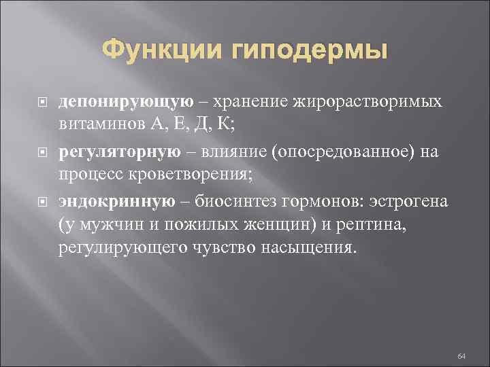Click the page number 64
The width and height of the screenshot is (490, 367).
pos(461,338)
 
